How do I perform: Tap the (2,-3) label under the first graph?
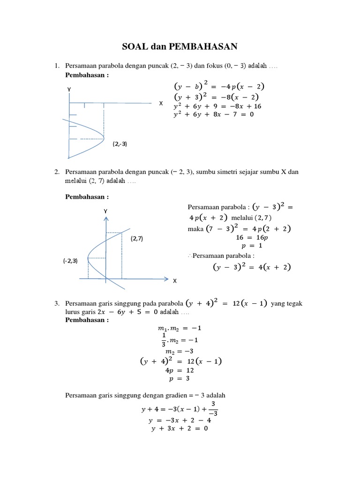coord(120,144)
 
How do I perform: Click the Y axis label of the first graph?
coord(69,89)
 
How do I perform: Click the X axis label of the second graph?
coord(175,281)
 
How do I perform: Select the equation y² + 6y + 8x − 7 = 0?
coord(213,114)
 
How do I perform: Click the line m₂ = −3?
coord(180,352)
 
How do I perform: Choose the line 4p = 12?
coord(180,370)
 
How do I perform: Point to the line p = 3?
coord(180,378)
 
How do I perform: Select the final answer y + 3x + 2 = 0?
coord(180,427)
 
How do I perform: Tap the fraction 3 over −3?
coord(213,408)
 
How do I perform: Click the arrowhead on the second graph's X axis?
coord(166,279)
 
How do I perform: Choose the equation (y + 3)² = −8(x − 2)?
coord(219,97)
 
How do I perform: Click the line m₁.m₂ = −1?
coord(180,328)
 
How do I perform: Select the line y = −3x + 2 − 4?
coord(180,420)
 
